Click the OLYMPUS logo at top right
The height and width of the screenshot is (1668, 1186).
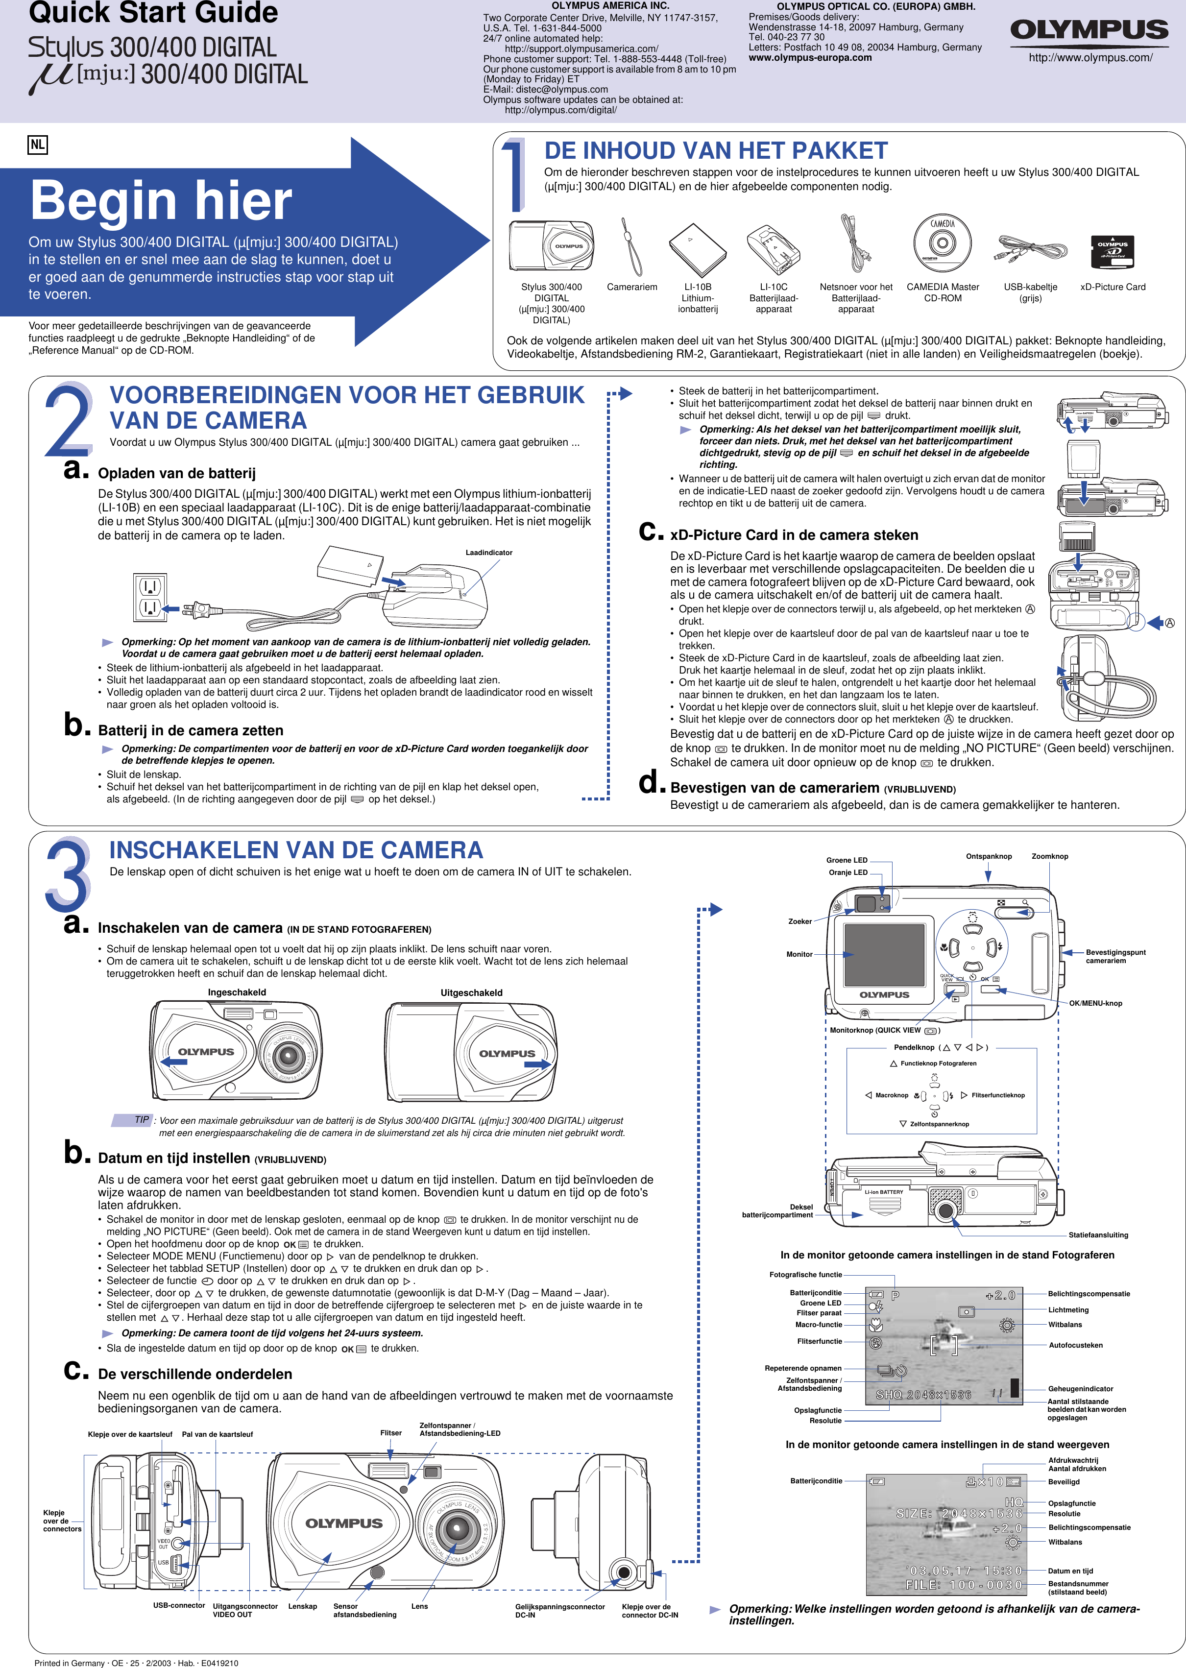click(1089, 30)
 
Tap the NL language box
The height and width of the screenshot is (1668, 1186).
click(37, 145)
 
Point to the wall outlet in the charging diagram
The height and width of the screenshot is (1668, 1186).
click(150, 597)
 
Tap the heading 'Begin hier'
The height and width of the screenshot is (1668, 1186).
click(161, 201)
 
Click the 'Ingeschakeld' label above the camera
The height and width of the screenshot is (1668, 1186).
click(237, 992)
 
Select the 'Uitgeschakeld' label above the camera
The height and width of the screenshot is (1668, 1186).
click(471, 992)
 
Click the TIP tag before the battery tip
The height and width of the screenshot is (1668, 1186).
click(141, 1119)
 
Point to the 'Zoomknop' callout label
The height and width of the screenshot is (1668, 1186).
click(1049, 856)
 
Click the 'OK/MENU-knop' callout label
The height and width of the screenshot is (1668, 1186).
click(1095, 1003)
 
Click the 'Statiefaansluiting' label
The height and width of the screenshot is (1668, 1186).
click(1098, 1235)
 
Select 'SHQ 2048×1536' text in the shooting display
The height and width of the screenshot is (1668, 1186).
click(923, 1395)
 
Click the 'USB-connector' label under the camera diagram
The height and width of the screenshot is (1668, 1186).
click(179, 1605)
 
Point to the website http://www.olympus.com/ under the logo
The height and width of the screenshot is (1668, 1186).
click(1090, 58)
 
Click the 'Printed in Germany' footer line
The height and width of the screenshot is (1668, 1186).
click(136, 1663)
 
